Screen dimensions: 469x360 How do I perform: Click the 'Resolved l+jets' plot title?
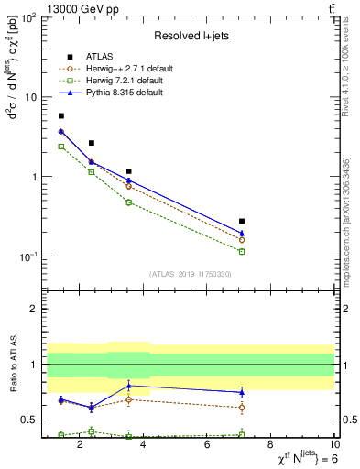coord(189,35)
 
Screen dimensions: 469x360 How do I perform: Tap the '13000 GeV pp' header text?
coord(73,7)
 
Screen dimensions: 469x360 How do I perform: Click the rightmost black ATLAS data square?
coord(242,222)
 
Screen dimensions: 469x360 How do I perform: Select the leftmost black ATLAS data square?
coord(61,116)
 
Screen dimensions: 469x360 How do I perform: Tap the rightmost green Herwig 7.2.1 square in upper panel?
coord(242,251)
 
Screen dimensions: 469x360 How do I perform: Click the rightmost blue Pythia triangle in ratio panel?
coord(242,392)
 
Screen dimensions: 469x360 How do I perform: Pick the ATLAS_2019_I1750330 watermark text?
coord(190,273)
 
